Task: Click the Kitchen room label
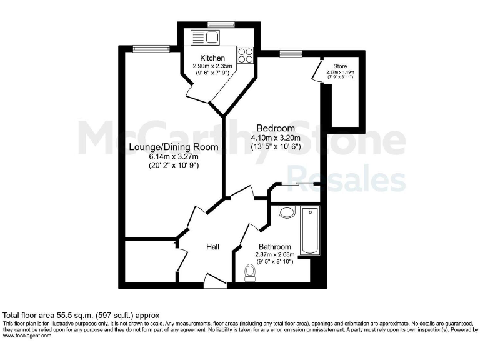point(212,58)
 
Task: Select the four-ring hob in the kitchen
point(245,55)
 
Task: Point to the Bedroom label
point(276,129)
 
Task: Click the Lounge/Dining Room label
point(173,147)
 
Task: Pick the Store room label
point(340,65)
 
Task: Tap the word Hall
point(212,247)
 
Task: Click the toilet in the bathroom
point(251,272)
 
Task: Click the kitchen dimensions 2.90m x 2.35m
point(212,66)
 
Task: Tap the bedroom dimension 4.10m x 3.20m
point(276,138)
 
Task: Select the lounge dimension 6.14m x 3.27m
point(173,156)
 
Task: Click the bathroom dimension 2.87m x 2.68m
point(274,254)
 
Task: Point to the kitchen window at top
point(221,25)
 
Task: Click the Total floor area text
point(82,315)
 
